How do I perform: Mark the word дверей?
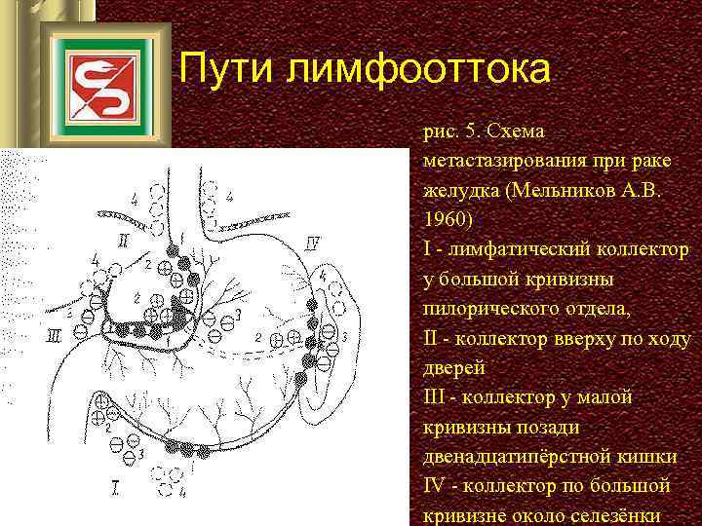tap(453, 368)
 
